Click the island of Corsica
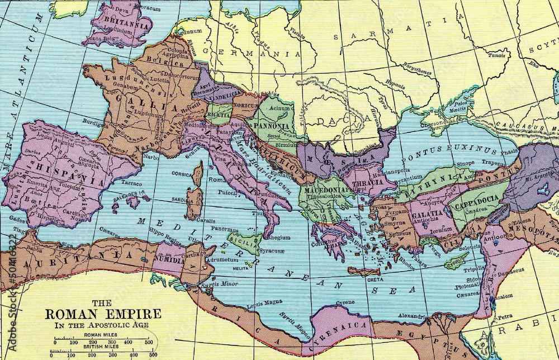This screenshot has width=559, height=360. pyautogui.click(x=197, y=174)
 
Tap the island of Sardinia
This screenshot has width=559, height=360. pyautogui.click(x=194, y=203)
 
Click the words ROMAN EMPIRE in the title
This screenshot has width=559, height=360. pyautogui.click(x=103, y=314)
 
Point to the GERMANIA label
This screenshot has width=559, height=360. pyautogui.click(x=251, y=54)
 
